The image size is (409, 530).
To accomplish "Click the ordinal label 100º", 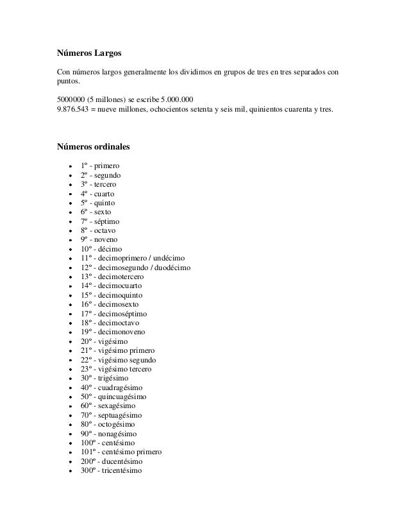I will [89, 443].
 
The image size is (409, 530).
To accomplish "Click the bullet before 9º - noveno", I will [69, 240].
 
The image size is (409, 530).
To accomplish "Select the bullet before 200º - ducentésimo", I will [69, 461].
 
